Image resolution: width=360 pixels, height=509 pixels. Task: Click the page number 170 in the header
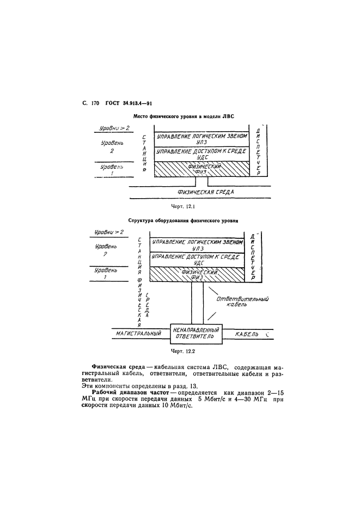coord(95,102)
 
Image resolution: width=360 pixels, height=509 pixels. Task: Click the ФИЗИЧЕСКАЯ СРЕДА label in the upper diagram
coord(206,192)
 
